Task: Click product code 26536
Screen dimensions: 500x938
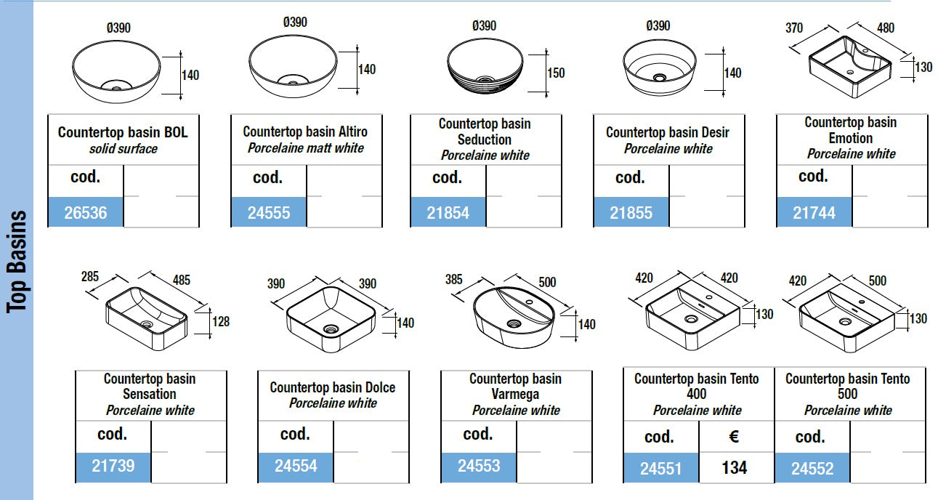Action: [x=86, y=213]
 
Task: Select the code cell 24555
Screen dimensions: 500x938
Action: [x=269, y=213]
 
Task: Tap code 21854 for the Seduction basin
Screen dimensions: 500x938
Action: [x=448, y=213]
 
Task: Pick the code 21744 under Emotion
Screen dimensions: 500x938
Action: [x=814, y=213]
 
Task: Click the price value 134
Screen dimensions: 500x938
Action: [x=735, y=468]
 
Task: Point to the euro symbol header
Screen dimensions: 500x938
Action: [x=734, y=437]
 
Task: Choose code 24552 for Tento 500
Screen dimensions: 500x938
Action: [x=812, y=469]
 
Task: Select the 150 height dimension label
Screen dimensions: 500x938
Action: [x=556, y=73]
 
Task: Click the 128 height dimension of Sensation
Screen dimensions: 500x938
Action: [x=220, y=320]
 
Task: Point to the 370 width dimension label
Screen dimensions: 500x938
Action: [x=794, y=28]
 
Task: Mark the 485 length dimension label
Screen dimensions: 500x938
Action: [x=182, y=280]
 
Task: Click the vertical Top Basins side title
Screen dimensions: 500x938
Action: [x=17, y=262]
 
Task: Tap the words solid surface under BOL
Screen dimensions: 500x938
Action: [x=123, y=149]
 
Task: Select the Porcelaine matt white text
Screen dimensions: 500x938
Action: [x=306, y=148]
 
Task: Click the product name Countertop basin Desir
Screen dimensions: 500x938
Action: [x=668, y=132]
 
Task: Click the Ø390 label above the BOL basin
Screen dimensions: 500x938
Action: [x=118, y=28]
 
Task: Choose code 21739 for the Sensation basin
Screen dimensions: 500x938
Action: [x=113, y=465]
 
